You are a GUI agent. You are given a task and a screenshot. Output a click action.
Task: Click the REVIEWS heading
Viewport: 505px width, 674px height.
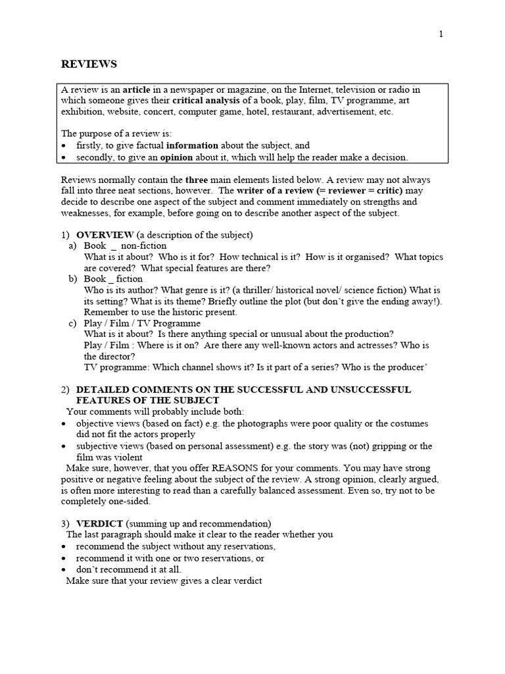tap(89, 64)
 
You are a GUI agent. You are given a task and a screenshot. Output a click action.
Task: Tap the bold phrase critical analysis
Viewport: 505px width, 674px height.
tap(206, 101)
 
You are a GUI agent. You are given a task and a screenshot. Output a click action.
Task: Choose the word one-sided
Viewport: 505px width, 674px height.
tap(132, 502)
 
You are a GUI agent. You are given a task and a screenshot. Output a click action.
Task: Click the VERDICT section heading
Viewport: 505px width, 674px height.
tap(99, 524)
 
